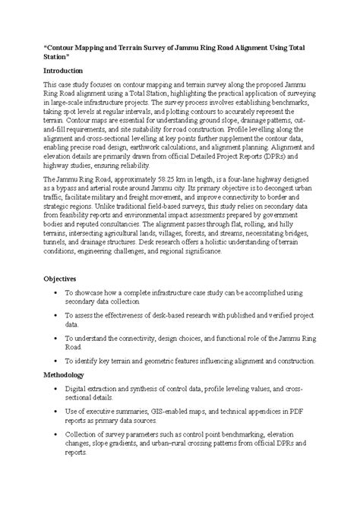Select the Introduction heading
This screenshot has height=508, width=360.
point(68,70)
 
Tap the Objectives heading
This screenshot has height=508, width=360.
point(64,279)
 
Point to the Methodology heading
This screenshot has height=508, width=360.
point(69,375)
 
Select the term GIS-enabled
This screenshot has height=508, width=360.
point(166,412)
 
